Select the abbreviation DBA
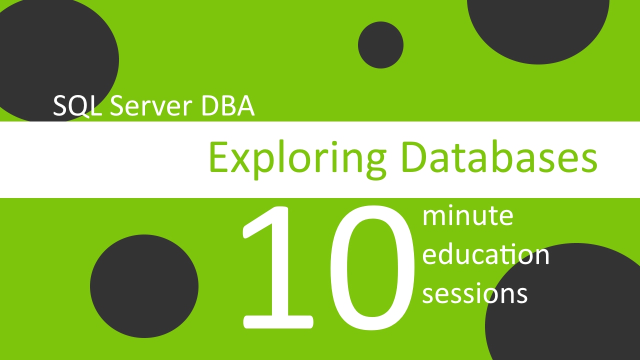click(x=227, y=106)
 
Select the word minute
click(x=467, y=216)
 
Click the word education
click(x=485, y=255)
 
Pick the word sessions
click(x=474, y=293)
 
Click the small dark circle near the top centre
click(x=380, y=45)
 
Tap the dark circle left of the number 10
click(x=144, y=286)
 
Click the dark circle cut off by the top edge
click(x=538, y=25)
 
